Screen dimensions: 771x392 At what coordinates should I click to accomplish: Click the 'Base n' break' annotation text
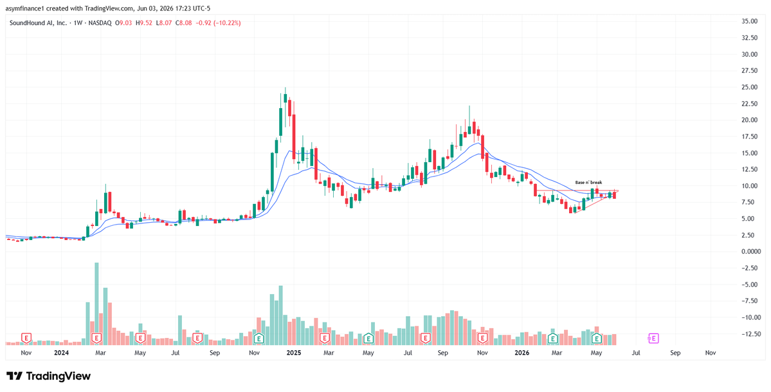tap(588, 182)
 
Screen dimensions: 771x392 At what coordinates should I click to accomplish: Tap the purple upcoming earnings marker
tap(653, 339)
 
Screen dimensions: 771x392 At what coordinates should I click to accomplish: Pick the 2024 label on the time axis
tap(62, 353)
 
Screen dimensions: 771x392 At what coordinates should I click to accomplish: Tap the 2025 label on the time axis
tap(294, 353)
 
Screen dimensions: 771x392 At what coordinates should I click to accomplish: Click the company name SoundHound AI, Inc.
tap(38, 23)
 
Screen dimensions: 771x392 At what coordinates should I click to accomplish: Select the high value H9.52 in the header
tap(143, 23)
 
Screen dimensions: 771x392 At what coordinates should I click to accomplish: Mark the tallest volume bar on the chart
tap(96, 303)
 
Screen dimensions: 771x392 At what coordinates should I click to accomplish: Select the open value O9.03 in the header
tap(123, 23)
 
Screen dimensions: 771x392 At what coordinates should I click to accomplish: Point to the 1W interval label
tap(78, 23)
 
